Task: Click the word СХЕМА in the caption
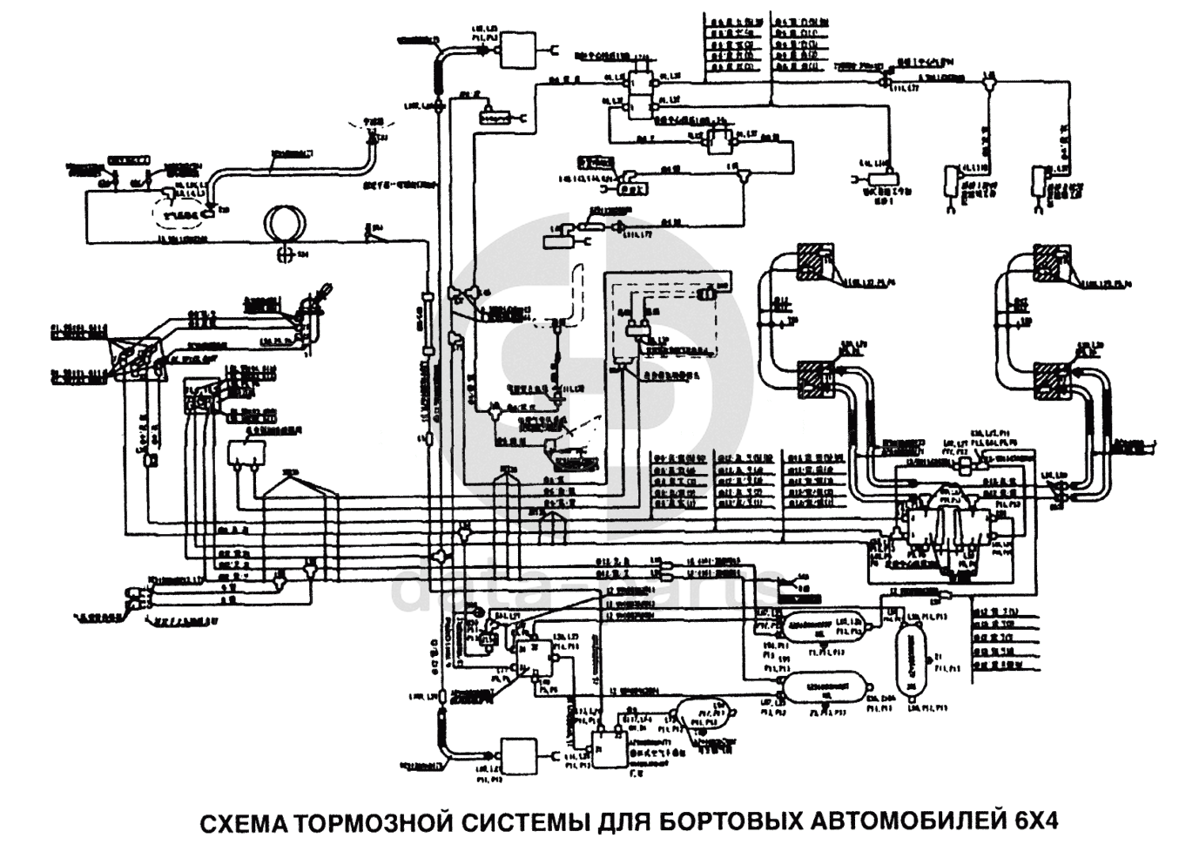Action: [x=245, y=822]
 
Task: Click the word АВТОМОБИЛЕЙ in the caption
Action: [x=910, y=822]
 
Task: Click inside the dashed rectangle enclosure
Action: [x=670, y=322]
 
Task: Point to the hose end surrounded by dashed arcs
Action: [x=372, y=132]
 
